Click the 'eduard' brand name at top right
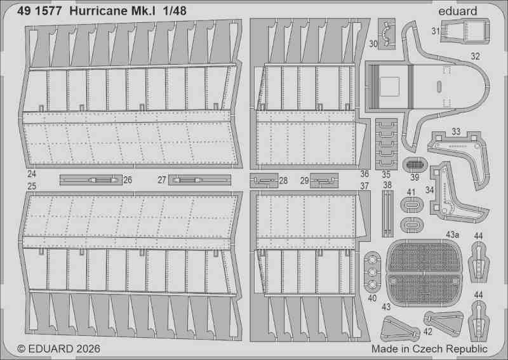(x=457, y=11)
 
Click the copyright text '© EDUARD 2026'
(x=58, y=349)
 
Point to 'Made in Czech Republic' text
(x=429, y=349)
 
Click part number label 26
(x=128, y=180)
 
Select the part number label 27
(x=162, y=180)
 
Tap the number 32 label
(x=475, y=56)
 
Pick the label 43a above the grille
(x=452, y=234)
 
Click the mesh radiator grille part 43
(x=424, y=272)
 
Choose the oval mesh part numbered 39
(x=415, y=164)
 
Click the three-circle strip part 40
(x=372, y=272)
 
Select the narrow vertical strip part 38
(x=387, y=214)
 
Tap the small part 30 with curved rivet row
(x=387, y=34)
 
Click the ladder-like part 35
(x=387, y=144)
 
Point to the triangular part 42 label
(x=427, y=331)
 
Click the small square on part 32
(x=389, y=86)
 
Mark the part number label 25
(x=32, y=186)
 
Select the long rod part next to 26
(x=91, y=180)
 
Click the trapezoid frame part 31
(x=465, y=31)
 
